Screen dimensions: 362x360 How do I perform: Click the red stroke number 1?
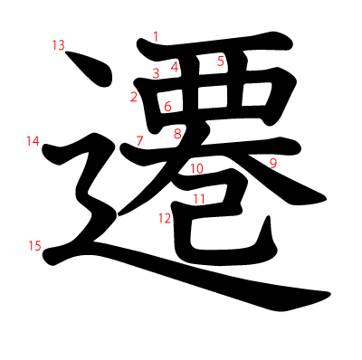(x=156, y=37)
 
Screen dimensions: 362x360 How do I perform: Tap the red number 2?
(x=134, y=97)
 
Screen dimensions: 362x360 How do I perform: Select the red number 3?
(x=156, y=73)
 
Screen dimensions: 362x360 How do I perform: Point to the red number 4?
(x=175, y=66)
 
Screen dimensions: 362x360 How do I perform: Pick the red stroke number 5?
(x=221, y=61)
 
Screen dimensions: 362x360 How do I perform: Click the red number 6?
(x=168, y=107)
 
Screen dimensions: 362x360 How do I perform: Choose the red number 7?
(x=139, y=140)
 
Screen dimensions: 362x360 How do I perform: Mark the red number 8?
(x=177, y=134)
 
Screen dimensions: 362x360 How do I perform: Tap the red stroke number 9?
(x=272, y=163)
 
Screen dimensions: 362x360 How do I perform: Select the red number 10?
(x=196, y=168)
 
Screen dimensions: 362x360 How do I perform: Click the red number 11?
(x=199, y=198)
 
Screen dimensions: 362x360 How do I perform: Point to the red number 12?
(x=164, y=218)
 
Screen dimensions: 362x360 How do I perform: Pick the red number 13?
(x=59, y=44)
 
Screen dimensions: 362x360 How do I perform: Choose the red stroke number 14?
(x=33, y=140)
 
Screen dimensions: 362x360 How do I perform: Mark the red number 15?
(x=35, y=245)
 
